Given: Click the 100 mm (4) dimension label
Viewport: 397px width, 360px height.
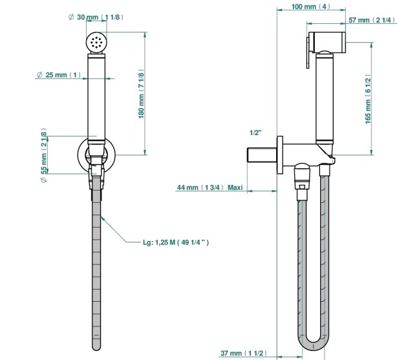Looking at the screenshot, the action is click(x=310, y=6).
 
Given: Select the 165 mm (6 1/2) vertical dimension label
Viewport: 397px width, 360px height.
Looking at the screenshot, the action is click(x=368, y=100).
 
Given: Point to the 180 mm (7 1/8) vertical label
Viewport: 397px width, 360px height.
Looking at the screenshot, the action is click(x=142, y=95).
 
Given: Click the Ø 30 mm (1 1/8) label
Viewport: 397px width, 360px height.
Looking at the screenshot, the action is click(x=96, y=17).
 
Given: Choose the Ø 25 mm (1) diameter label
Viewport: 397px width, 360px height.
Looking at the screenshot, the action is click(x=59, y=75).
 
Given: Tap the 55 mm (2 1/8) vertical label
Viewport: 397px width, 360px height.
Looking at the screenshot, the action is click(x=44, y=155).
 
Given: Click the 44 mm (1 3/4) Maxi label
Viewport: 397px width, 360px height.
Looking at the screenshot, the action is click(x=209, y=187).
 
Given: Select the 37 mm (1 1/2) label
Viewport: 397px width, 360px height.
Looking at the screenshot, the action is click(x=244, y=353).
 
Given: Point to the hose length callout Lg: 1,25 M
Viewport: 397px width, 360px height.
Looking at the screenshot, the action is click(x=176, y=242).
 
